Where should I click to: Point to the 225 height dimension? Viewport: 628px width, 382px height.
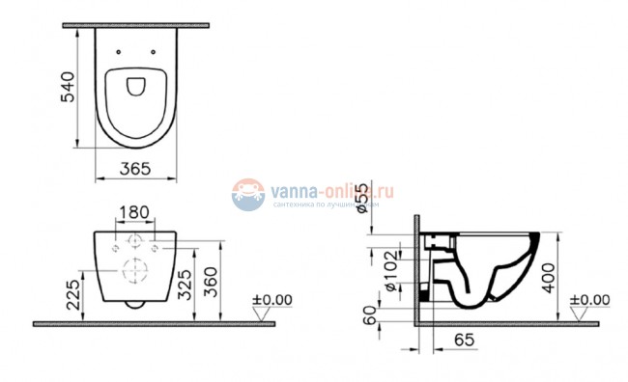click(x=71, y=292)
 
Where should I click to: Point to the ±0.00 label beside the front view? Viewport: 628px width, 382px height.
click(x=271, y=300)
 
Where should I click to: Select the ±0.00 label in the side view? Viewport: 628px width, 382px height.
click(x=590, y=300)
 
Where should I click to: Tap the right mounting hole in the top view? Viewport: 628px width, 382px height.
click(x=154, y=51)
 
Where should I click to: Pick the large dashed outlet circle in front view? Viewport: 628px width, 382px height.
click(x=135, y=272)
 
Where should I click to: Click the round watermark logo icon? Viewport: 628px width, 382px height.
click(x=248, y=193)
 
